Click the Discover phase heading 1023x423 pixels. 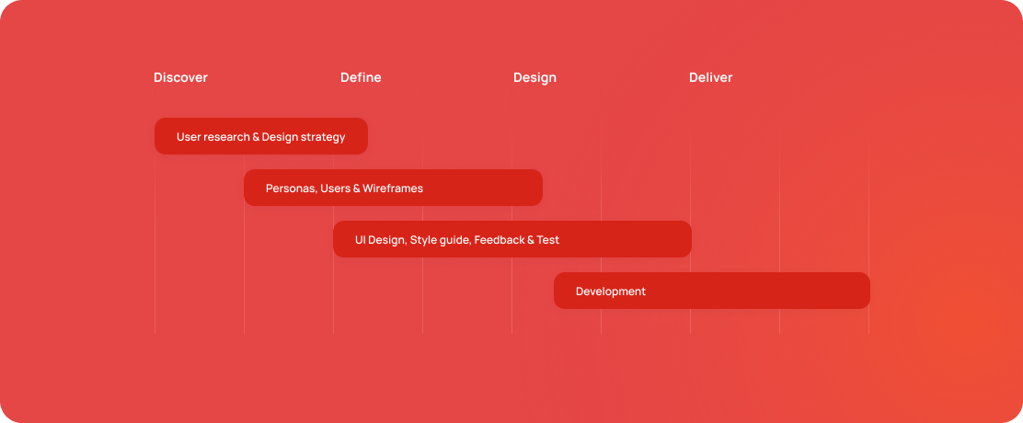click(180, 77)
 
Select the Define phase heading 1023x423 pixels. click(361, 77)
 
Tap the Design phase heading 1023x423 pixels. click(535, 78)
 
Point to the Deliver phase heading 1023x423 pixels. click(711, 77)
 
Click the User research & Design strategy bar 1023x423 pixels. click(261, 136)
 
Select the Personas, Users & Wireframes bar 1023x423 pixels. click(394, 188)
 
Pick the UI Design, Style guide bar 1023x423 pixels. click(512, 239)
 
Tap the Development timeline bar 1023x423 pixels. click(712, 291)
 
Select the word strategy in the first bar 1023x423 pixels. click(323, 138)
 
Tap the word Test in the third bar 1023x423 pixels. click(548, 240)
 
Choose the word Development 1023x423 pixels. click(611, 292)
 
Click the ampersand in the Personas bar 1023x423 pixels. click(356, 189)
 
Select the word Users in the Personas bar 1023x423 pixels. click(336, 189)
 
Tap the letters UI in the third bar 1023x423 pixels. click(360, 240)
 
